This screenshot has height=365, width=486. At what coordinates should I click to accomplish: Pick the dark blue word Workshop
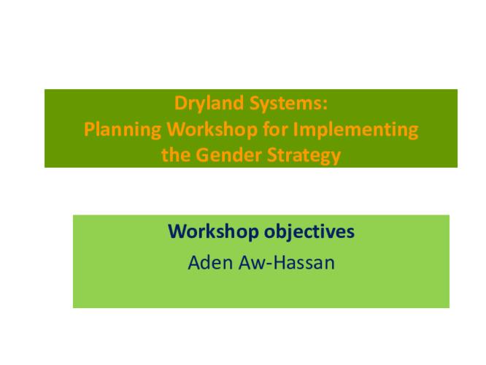point(210,232)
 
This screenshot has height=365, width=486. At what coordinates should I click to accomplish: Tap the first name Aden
point(209,262)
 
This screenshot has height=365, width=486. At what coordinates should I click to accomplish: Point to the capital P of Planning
point(89,130)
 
